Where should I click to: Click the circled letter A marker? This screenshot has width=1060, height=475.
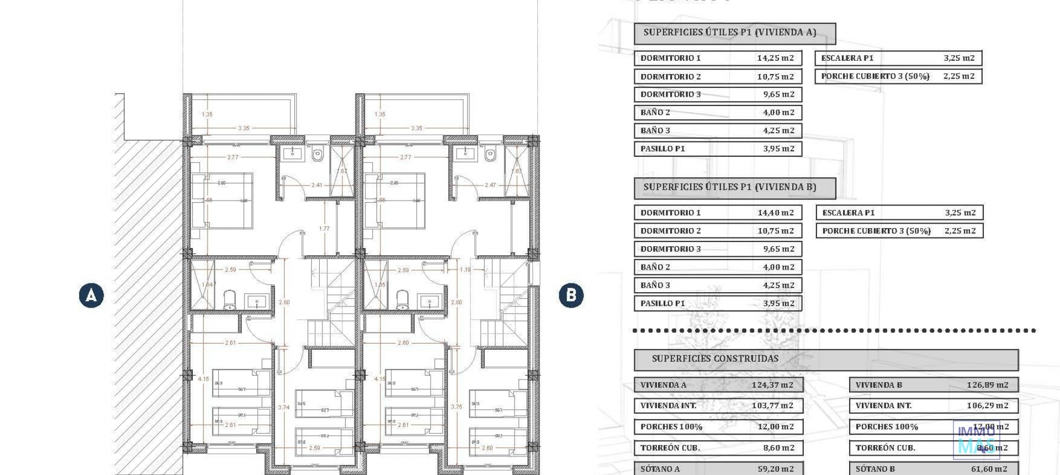pos(91,295)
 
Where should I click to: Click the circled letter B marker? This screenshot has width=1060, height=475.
pos(571,295)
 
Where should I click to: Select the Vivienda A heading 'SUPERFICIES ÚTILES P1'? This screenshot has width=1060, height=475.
pos(729,33)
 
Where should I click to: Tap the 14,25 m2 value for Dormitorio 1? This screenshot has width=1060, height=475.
pos(775,58)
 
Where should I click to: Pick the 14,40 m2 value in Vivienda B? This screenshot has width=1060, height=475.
pos(775,213)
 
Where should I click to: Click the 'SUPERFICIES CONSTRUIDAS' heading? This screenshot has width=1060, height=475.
pos(715,359)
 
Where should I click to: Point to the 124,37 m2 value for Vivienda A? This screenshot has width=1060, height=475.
pos(772,385)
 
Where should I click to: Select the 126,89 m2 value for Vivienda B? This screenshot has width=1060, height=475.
pos(987,385)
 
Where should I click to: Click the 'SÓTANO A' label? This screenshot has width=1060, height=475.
pos(660,469)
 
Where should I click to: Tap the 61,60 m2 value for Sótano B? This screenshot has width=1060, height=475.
pos(988,469)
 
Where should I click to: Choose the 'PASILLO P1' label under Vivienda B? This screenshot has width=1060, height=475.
pos(662,303)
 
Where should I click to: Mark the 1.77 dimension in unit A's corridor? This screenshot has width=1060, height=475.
pos(324,229)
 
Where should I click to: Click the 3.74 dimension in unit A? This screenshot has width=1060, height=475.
pos(284,408)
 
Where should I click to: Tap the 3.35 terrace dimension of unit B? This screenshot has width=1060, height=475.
pos(416,128)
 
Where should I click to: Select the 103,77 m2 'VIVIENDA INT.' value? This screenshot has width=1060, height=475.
pos(772,405)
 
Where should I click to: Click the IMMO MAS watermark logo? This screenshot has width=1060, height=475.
pos(976,440)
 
